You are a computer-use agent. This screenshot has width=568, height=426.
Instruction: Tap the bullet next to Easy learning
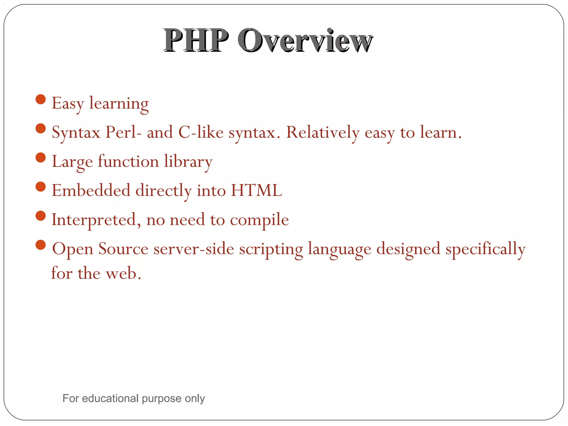click(41, 99)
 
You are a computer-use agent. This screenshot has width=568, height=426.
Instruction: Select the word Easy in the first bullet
click(68, 104)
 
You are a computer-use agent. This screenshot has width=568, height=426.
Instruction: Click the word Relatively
click(323, 132)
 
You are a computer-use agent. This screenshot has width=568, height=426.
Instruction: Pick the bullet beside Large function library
click(41, 158)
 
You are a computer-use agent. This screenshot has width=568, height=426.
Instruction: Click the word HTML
click(257, 191)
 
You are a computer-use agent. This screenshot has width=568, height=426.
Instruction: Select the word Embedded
click(91, 191)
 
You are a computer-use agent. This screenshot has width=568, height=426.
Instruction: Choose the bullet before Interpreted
click(41, 216)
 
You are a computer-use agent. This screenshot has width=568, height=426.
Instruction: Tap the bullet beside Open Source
click(41, 245)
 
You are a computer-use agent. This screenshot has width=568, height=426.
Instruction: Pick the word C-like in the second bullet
click(201, 132)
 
